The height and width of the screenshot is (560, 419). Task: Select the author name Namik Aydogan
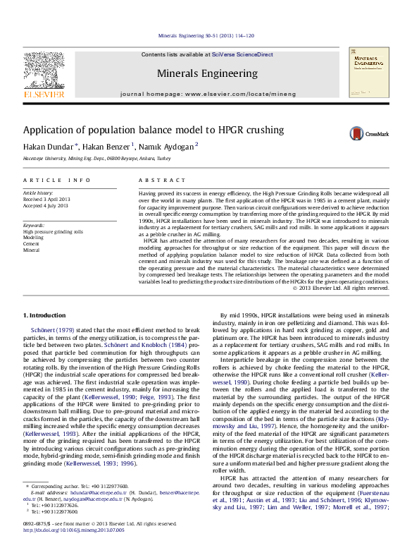167,147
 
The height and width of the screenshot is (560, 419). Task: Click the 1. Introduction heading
46,315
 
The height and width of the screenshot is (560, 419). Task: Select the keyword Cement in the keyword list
32,244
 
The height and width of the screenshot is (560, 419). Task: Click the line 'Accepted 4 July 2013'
46,205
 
